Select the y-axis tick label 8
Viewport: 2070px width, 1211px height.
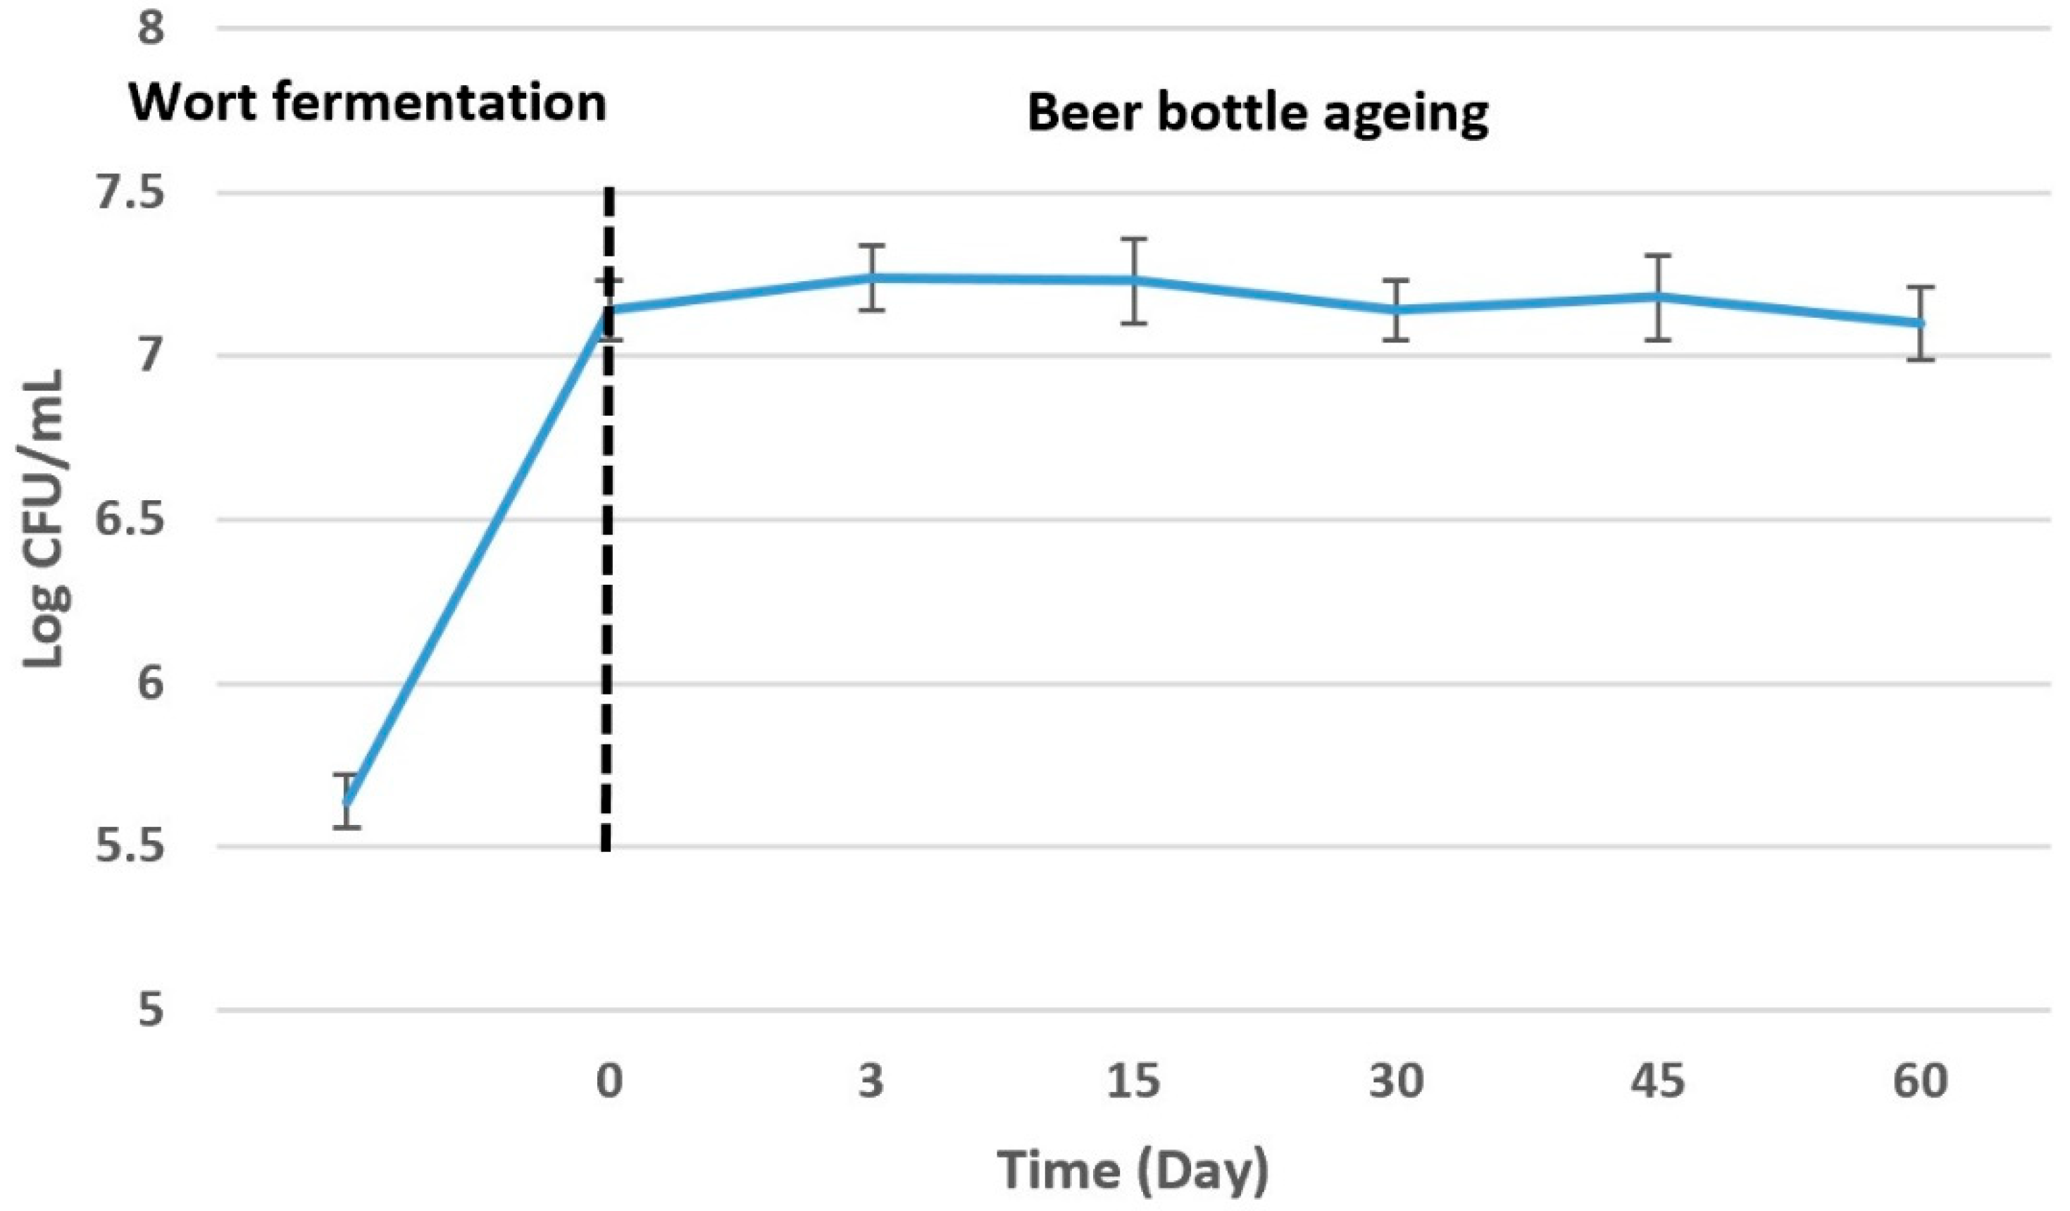[151, 30]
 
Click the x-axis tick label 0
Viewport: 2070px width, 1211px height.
[609, 1081]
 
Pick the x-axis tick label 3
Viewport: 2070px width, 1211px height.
[871, 1081]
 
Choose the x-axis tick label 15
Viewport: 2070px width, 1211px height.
[1133, 1081]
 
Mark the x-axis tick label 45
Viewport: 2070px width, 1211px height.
[1658, 1081]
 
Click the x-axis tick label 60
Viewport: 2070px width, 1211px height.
[1921, 1081]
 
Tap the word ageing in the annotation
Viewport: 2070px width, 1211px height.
[1407, 115]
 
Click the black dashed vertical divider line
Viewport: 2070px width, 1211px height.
[607, 575]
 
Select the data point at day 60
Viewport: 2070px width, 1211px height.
[1921, 323]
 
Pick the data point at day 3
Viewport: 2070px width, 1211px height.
[871, 278]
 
